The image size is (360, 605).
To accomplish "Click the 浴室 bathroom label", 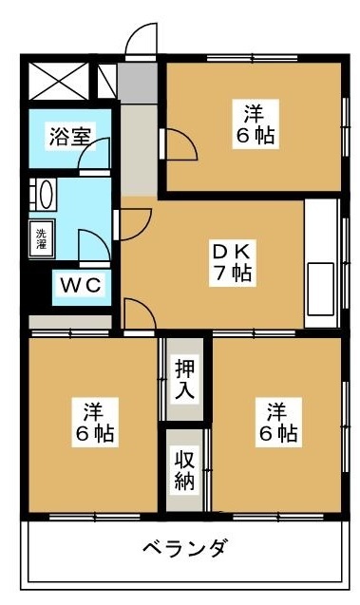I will coord(70,136).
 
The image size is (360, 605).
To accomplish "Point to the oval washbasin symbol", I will coord(41,195).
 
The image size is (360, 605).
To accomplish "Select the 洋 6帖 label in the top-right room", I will coord(255,124).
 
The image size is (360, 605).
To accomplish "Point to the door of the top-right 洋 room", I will coord(180,143).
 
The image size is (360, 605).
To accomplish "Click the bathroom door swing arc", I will coord(95,153).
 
